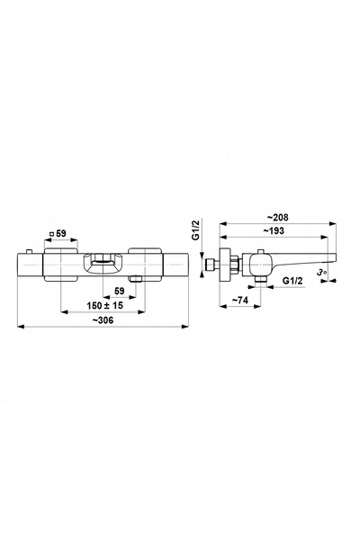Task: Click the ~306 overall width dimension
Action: pos(103,320)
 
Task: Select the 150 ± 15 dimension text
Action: pos(104,305)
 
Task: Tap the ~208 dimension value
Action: pos(278,217)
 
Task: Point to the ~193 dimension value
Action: pos(274,230)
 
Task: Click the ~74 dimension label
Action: pos(239,301)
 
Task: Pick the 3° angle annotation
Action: pos(322,273)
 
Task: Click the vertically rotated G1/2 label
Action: pos(196,230)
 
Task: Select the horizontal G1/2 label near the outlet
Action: pos(292,281)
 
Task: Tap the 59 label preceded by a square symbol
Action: pos(58,233)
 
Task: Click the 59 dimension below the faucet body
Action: pos(119,291)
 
